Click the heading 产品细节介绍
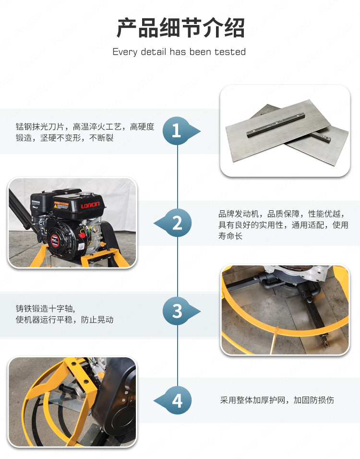pos(180,28)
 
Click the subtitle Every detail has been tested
pos(179,52)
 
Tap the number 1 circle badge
pos(177,131)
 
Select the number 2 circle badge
pos(178,223)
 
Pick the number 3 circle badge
pos(177,311)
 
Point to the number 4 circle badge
pos(178,400)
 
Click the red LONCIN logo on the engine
pos(90,205)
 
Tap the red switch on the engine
pos(82,234)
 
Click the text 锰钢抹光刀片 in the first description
pos(40,127)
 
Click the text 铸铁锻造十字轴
pos(45,308)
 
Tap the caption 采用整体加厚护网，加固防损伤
pos(277,400)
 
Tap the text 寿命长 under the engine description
pos(230,236)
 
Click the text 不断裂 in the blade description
pos(101,138)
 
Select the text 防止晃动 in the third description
pos(97,320)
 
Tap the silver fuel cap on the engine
pos(85,193)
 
